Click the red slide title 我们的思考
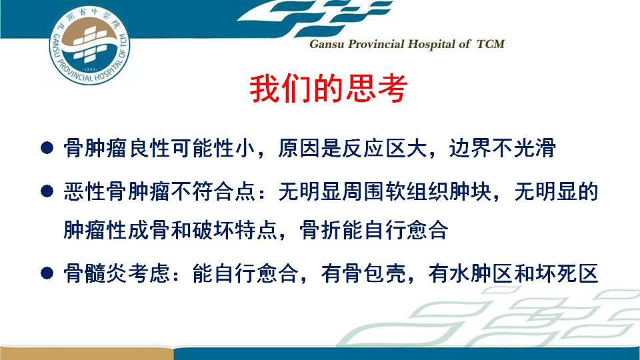(329, 88)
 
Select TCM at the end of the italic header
(491, 44)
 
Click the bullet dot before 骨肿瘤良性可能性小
(47, 147)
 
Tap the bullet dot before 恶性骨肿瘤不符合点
(47, 191)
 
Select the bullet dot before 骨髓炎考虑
(47, 273)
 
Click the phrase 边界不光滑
(503, 148)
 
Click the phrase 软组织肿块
(438, 191)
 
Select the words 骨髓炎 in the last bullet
(95, 273)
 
